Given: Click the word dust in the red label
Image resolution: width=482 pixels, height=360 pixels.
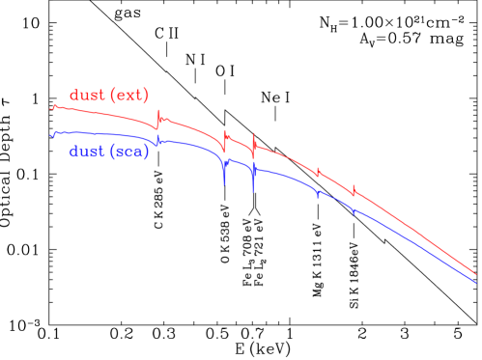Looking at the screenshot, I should pos(87,97).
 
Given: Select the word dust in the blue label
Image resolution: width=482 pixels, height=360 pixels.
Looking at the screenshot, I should pos(87,152).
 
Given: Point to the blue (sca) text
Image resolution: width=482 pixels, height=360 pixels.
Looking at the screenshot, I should pos(130,152).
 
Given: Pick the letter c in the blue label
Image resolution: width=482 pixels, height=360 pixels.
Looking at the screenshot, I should pos(131,152).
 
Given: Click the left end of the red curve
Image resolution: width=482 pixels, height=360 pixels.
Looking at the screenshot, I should pos(51,108).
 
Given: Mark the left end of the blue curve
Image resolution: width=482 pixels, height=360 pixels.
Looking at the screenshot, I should pos(51,133).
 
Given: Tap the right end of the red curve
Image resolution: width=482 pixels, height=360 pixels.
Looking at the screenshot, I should pos(476,274).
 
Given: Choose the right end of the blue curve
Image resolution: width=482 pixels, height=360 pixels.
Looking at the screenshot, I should pos(476,283).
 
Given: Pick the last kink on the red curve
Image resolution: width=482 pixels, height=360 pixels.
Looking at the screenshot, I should pos(354,191).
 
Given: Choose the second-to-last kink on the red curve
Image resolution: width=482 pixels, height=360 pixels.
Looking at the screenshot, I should pos(318,172).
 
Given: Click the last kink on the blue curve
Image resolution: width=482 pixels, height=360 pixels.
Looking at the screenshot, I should pos(354,209).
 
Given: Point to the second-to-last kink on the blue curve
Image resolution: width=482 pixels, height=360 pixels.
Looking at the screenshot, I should pos(318,194).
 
